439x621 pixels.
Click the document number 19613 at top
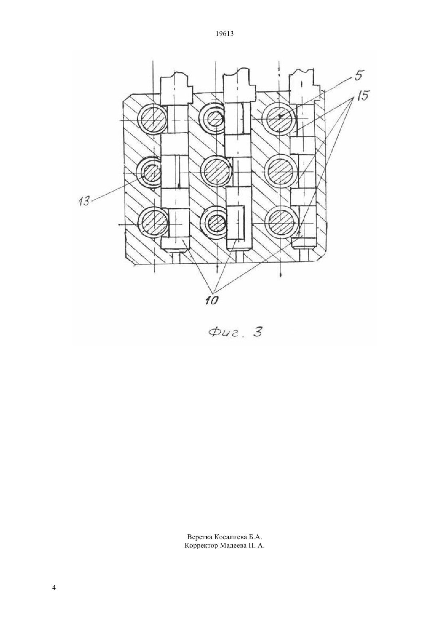tap(224, 34)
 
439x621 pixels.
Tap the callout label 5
tap(358, 76)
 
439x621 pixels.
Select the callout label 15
tap(362, 96)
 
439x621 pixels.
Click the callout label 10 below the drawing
tap(212, 300)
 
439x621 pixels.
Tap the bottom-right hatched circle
tap(281, 222)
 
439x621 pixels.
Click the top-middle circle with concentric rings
tap(214, 120)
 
